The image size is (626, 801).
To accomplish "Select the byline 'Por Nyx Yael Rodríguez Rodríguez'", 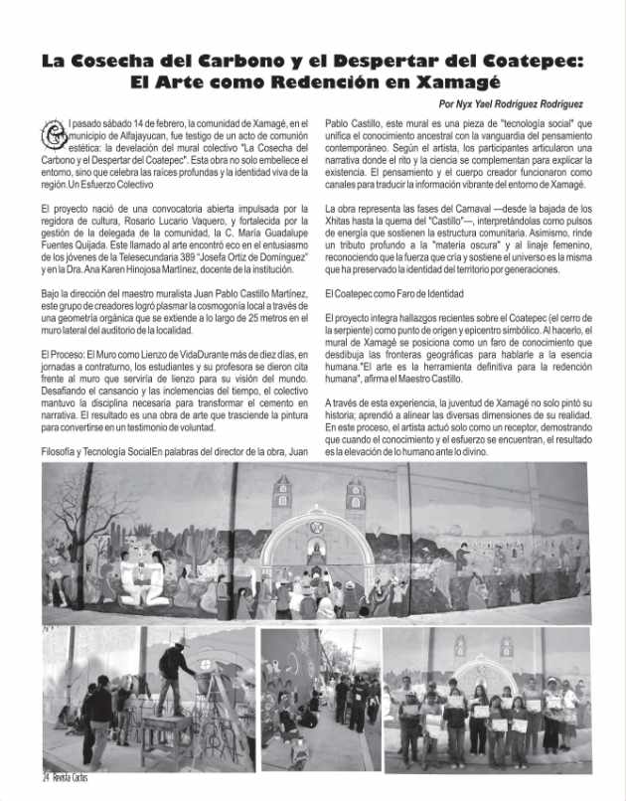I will (x=510, y=103).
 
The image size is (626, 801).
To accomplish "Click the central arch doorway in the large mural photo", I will (x=319, y=557).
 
